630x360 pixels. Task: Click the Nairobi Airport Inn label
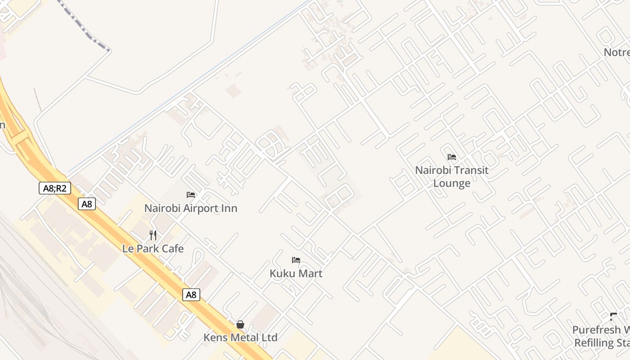coord(191,208)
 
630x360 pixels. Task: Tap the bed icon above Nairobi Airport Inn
coord(191,195)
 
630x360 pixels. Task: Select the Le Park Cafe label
coord(153,248)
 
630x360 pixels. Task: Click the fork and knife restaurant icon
coord(153,235)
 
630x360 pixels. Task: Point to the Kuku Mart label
coord(296,273)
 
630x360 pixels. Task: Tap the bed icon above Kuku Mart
coord(296,260)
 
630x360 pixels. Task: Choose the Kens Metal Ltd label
coord(240,337)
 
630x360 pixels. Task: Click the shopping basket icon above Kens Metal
coord(240,324)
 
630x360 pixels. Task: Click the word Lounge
coord(452,183)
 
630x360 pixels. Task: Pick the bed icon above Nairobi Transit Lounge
coord(452,157)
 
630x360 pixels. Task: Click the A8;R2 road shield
coord(54,188)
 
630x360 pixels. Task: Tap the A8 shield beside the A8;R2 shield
coord(87,204)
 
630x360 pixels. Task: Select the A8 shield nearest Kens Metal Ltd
coord(191,295)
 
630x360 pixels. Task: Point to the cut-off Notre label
coord(616,52)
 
